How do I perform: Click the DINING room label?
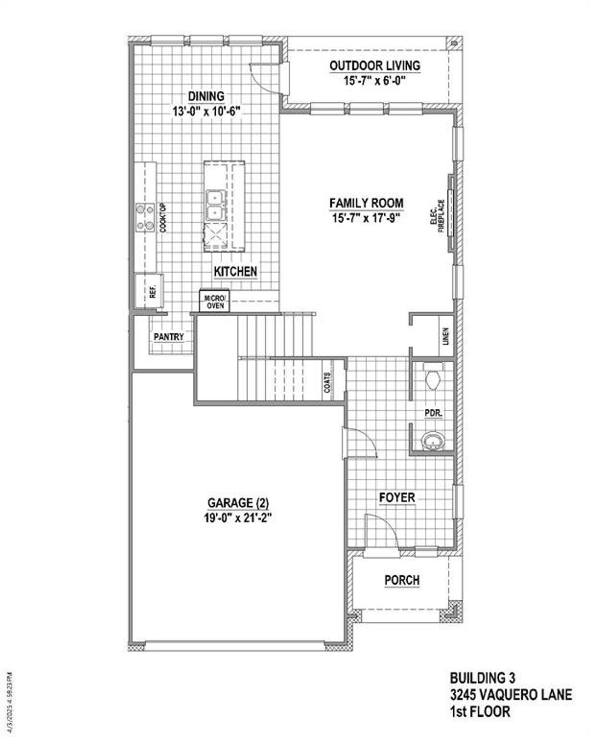pyautogui.click(x=206, y=96)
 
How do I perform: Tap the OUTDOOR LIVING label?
pyautogui.click(x=375, y=66)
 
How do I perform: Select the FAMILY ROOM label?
pyautogui.click(x=366, y=203)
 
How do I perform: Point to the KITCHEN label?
pyautogui.click(x=235, y=272)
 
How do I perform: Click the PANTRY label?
pyautogui.click(x=168, y=337)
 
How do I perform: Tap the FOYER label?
pyautogui.click(x=397, y=498)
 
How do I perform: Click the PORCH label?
pyautogui.click(x=402, y=580)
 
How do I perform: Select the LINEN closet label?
pyautogui.click(x=445, y=337)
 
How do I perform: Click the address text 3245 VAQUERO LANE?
pyautogui.click(x=511, y=695)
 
